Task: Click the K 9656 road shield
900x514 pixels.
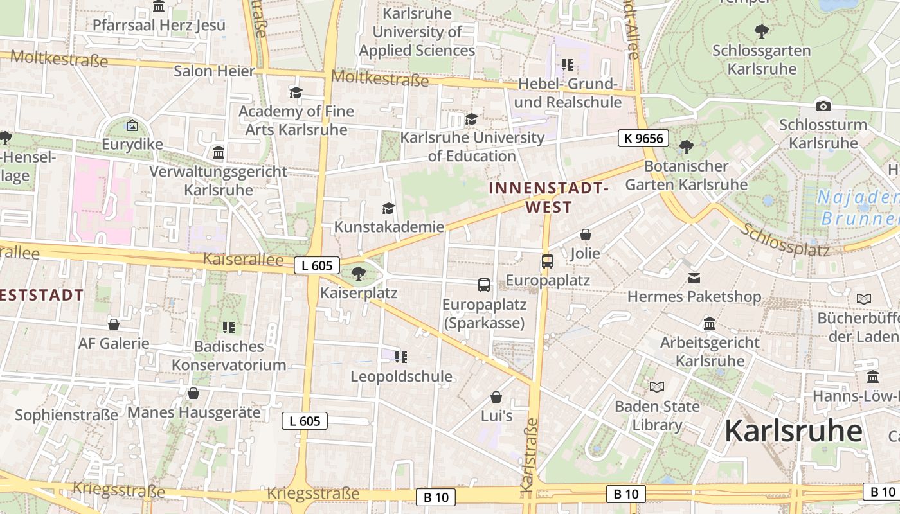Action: coord(643,138)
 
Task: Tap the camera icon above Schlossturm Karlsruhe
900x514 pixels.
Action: coord(823,106)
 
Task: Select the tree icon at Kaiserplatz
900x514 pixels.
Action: coord(359,274)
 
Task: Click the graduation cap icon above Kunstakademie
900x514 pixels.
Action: coord(388,208)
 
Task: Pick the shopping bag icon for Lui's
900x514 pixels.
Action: coord(496,397)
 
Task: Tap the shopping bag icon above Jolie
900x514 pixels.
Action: coord(585,235)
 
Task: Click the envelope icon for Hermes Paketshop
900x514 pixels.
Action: coord(694,278)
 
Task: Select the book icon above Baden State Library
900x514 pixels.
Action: coord(656,387)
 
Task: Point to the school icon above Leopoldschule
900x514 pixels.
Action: coord(401,357)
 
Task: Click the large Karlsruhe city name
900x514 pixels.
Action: coord(793,431)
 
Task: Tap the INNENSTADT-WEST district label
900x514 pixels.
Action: coord(548,197)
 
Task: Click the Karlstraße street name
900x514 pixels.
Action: coord(528,455)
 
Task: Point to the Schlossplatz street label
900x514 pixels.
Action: coord(786,240)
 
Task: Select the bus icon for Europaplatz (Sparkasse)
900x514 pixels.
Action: coord(483,285)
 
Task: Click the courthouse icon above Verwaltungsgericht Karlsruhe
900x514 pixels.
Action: coord(219,153)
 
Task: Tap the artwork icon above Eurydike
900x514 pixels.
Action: coord(132,125)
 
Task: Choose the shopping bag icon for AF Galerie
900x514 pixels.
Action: coord(114,324)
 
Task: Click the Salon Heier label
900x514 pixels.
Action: coord(214,71)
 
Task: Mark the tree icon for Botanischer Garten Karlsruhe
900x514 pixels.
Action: coord(686,147)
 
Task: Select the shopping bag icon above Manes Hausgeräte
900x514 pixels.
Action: coord(194,393)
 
